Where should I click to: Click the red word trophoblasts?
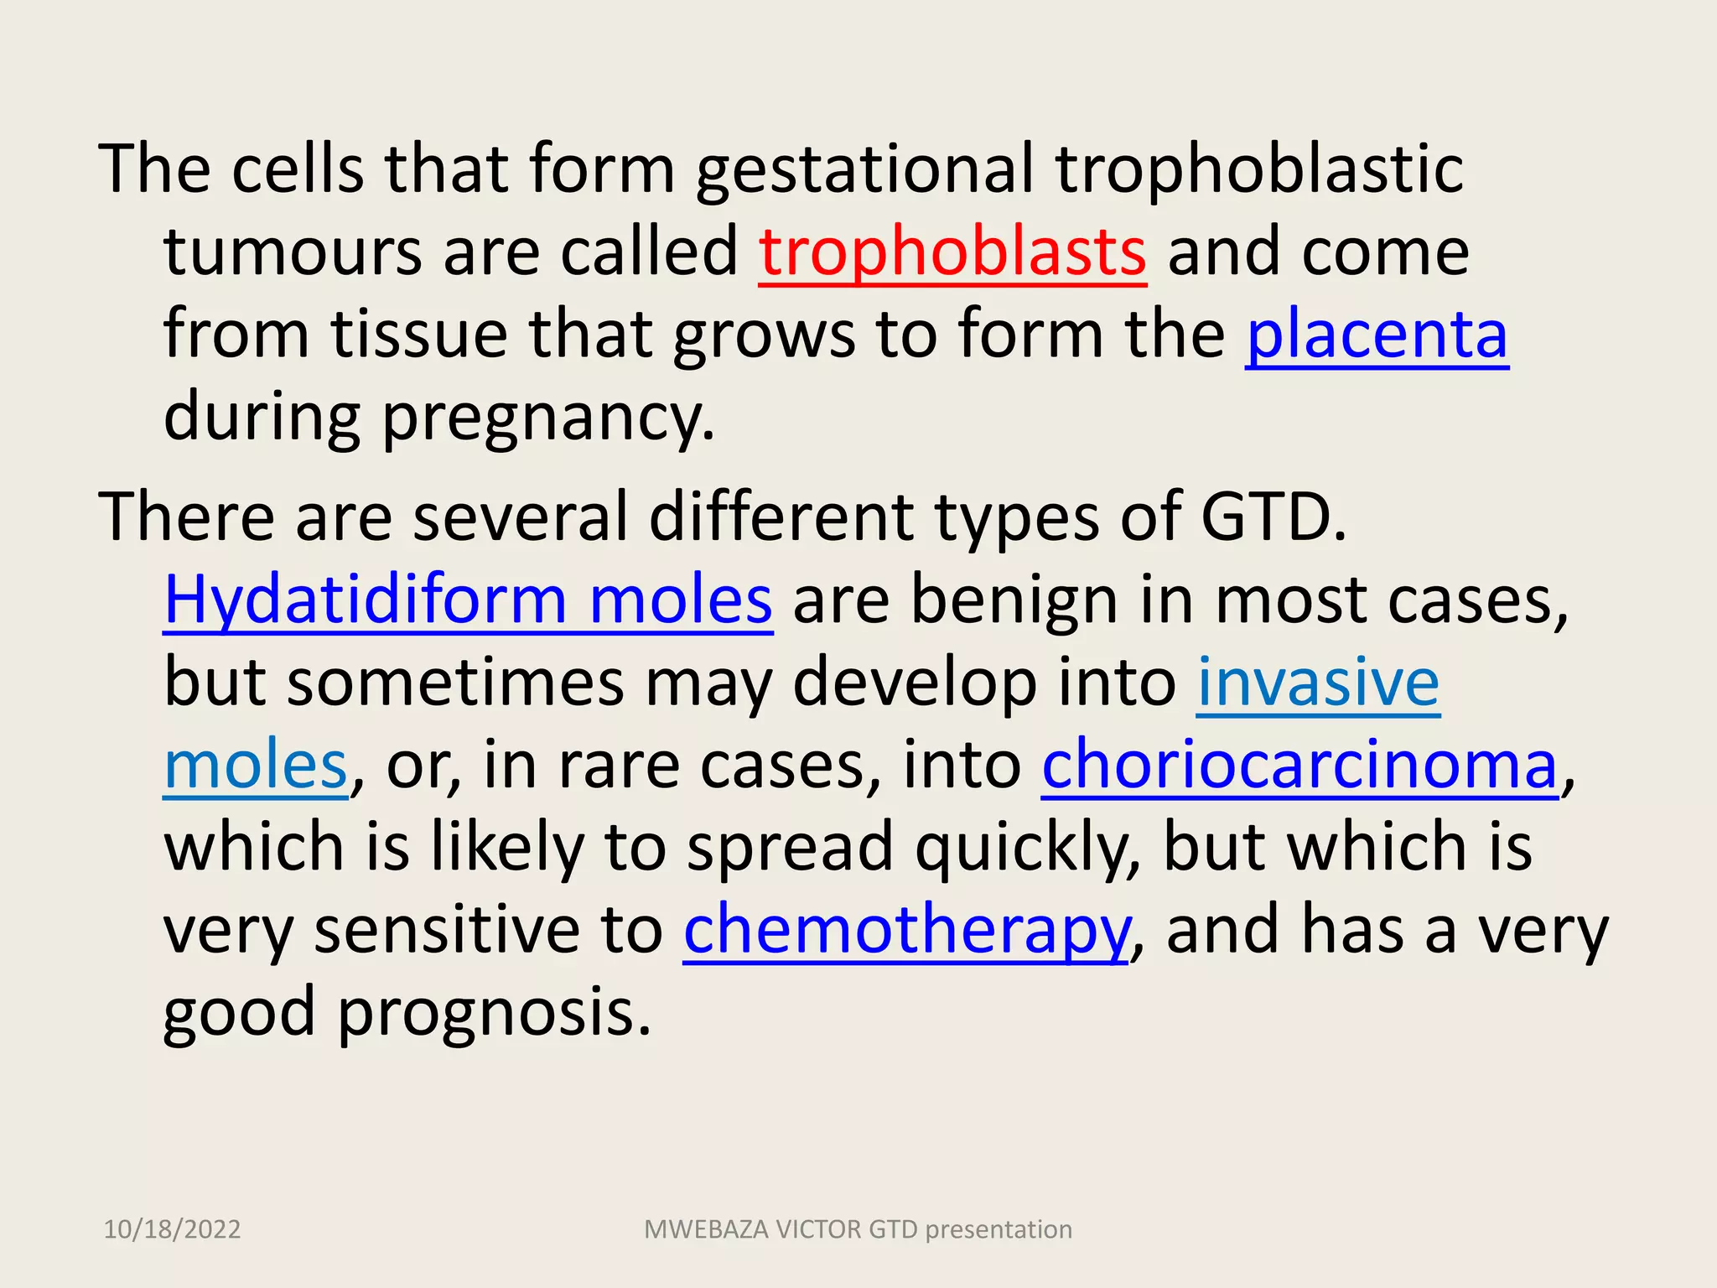coord(952,252)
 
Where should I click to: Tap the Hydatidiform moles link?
coord(468,600)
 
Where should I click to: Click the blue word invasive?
coord(1318,683)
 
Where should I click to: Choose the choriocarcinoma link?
coord(1299,765)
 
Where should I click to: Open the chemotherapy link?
coord(906,931)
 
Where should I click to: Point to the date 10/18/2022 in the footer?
coord(172,1229)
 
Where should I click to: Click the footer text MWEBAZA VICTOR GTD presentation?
coord(858,1229)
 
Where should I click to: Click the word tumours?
coord(293,252)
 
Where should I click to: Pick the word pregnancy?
coord(548,418)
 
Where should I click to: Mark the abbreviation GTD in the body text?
coord(1273,517)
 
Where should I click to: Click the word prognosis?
coord(494,1013)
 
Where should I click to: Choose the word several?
coord(521,517)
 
